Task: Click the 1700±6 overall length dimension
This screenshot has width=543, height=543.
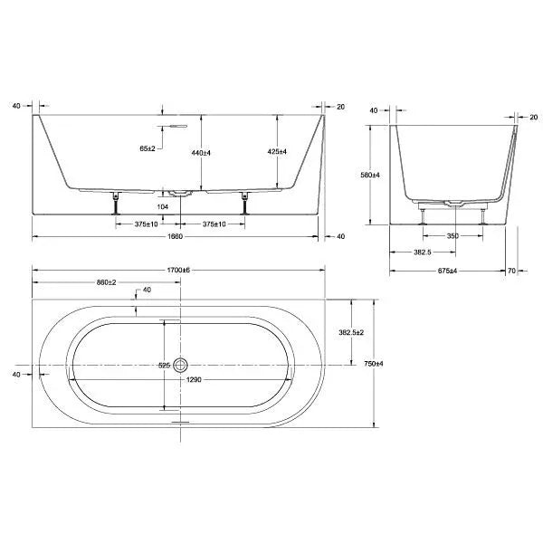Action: [178, 270]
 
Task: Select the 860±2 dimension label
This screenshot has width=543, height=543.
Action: [106, 282]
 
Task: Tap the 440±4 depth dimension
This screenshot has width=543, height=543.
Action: [201, 153]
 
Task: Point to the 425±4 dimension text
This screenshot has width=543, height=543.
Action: [277, 152]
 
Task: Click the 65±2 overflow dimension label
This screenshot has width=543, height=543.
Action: [148, 148]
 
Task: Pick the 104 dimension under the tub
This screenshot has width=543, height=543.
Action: [162, 207]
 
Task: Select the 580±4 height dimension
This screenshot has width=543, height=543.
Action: [370, 176]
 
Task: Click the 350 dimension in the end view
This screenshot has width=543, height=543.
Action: [452, 236]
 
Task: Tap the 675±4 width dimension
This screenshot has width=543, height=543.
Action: [447, 271]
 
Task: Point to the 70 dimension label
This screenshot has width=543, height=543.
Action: [512, 271]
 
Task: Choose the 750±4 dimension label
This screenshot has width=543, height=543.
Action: [374, 364]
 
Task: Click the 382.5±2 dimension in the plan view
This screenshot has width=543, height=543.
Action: [351, 332]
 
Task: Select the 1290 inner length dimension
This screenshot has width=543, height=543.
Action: [194, 380]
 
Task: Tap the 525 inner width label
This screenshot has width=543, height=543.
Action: [164, 366]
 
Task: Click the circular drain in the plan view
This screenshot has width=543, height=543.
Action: [180, 365]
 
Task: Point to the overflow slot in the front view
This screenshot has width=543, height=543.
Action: [175, 126]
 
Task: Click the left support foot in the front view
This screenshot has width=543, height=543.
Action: [116, 204]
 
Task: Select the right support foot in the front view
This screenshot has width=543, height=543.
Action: [245, 204]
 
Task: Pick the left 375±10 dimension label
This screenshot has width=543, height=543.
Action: [146, 224]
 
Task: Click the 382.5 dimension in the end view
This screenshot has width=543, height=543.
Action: [423, 252]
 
